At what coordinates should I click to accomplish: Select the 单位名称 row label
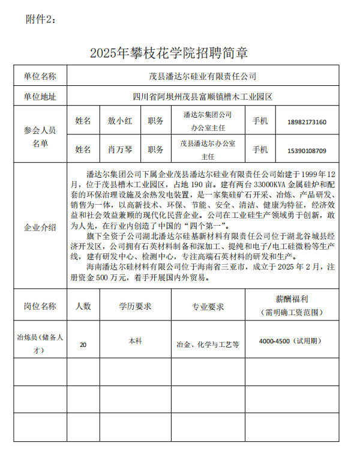40,76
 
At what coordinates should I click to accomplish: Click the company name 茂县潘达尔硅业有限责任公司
202,76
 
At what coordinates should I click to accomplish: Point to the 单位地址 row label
40,96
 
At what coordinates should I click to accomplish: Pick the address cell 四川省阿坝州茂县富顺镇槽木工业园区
202,96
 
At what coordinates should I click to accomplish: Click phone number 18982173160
307,122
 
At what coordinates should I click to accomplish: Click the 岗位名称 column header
40,306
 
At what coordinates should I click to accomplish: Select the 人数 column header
83,306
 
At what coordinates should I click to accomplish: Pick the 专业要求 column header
208,307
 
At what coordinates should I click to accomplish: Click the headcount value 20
83,345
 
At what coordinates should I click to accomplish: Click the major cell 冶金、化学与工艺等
208,345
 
